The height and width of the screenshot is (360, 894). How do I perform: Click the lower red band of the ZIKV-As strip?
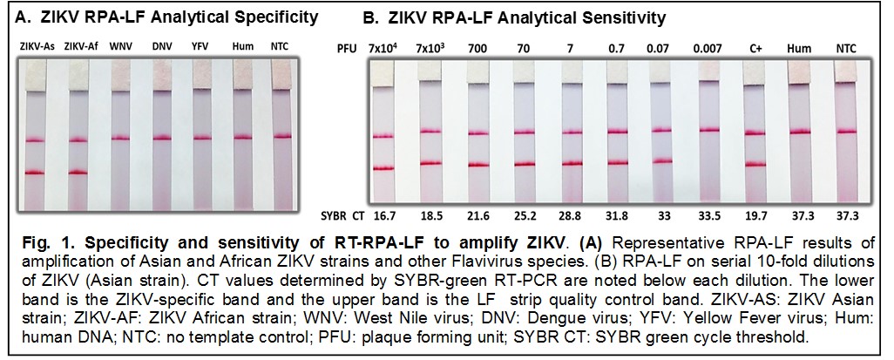[34, 173]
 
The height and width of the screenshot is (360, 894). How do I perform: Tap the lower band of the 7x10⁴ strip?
[384, 167]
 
